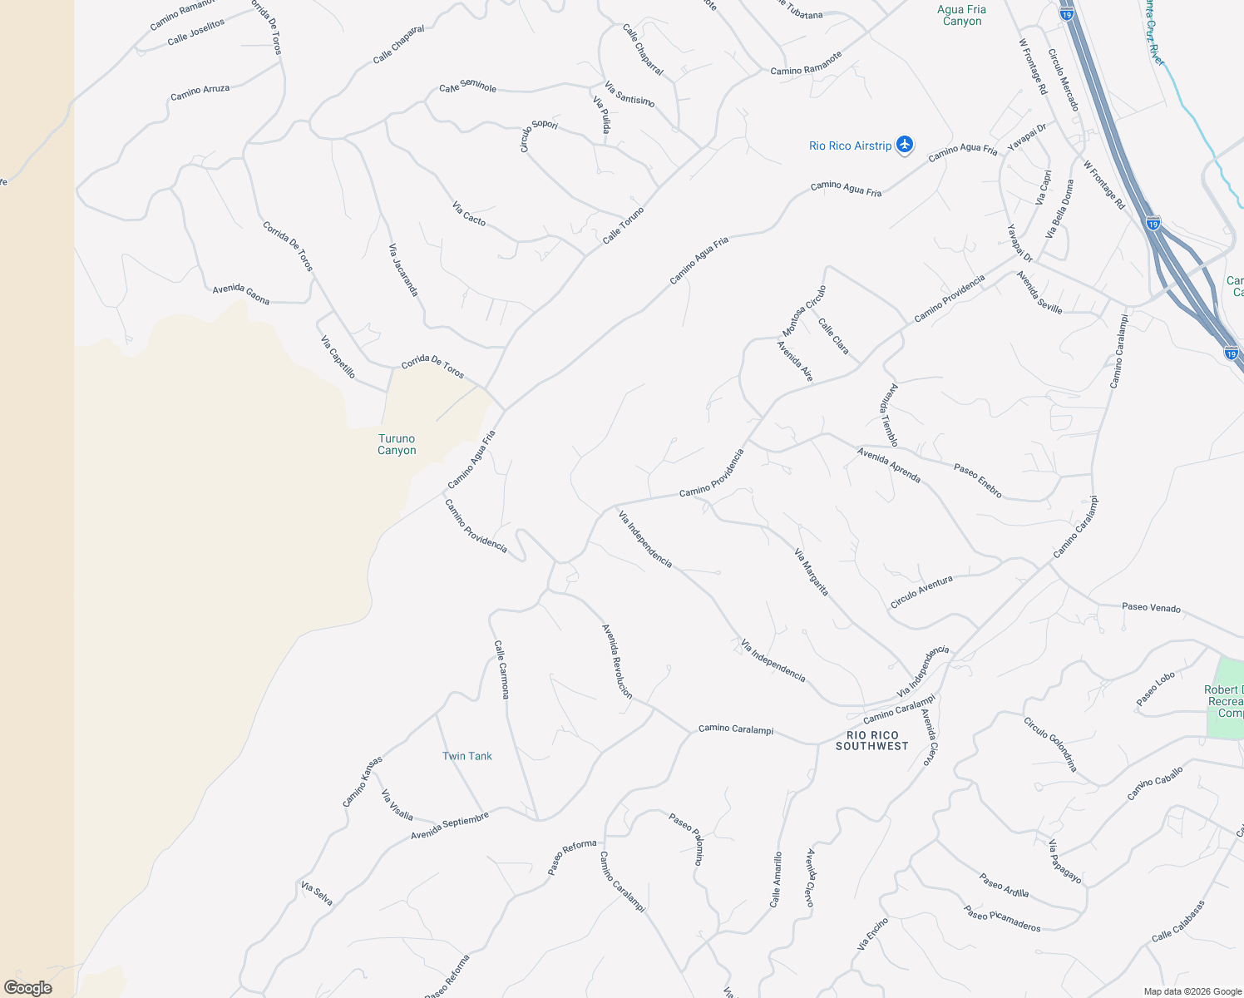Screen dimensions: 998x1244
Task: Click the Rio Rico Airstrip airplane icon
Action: [x=905, y=146]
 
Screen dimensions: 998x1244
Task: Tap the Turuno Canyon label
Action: [x=397, y=444]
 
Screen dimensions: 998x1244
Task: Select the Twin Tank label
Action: [x=466, y=756]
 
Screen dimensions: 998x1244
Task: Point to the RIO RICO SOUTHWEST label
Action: [x=872, y=740]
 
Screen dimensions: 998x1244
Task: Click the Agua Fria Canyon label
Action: [x=962, y=16]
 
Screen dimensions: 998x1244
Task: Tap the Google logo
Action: [x=28, y=988]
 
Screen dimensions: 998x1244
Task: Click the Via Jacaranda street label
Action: [x=403, y=269]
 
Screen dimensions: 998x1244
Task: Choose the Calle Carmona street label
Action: [x=501, y=669]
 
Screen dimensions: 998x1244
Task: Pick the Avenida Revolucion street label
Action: [x=617, y=661]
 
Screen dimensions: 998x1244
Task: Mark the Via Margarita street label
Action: [x=812, y=572]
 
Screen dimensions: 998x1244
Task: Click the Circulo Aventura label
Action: [x=921, y=592]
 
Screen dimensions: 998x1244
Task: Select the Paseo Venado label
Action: [x=1151, y=607]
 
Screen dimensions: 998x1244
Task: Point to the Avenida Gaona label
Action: [x=241, y=294]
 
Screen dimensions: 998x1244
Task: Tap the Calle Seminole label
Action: [x=468, y=86]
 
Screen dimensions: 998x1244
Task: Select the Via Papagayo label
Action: [x=1065, y=862]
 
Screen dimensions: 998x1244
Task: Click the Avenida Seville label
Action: [x=1039, y=292]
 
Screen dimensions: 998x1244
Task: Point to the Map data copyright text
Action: [x=1192, y=991]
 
